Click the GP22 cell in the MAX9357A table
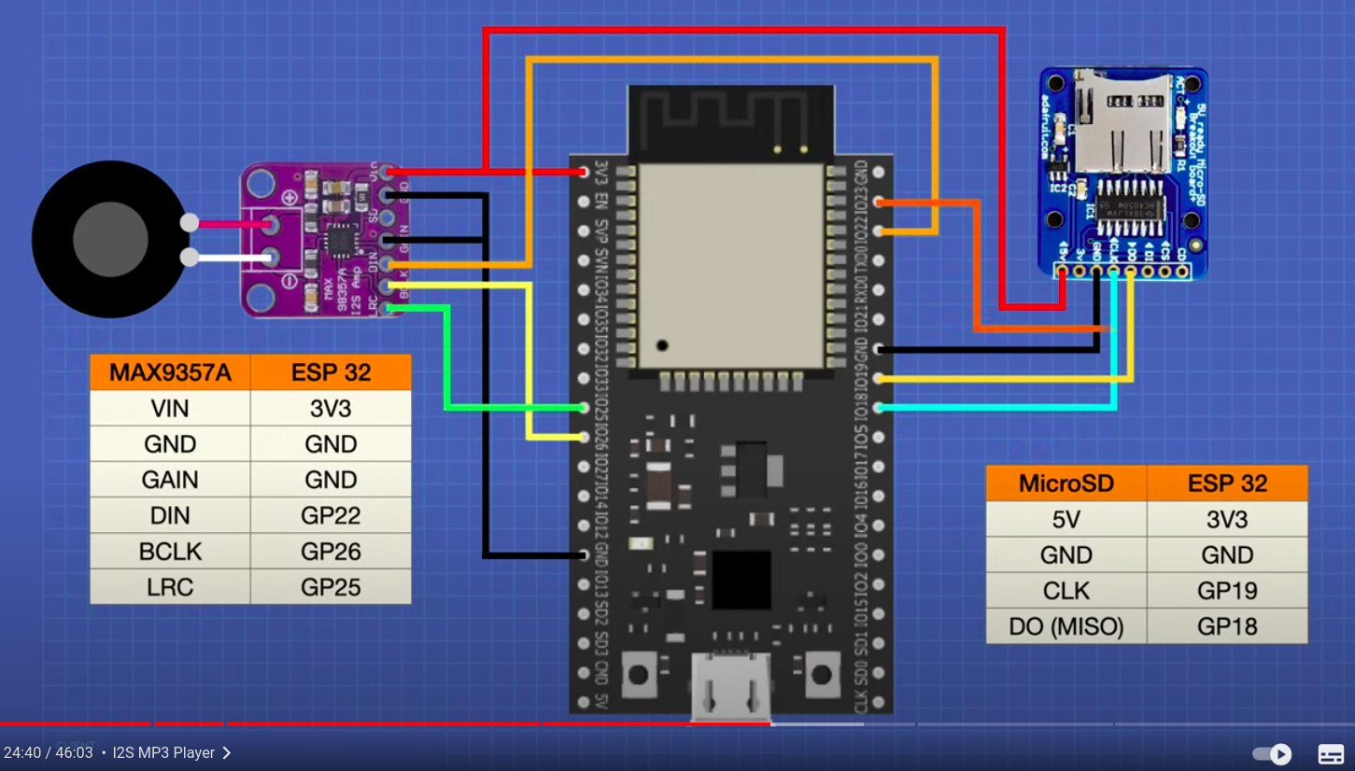click(x=331, y=515)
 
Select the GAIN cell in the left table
click(x=170, y=480)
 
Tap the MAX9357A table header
click(x=170, y=372)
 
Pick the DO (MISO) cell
click(x=1066, y=626)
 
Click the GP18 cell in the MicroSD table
click(x=1227, y=626)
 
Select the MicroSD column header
click(x=1066, y=484)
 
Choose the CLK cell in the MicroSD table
click(x=1066, y=591)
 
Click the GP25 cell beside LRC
click(x=331, y=587)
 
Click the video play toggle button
click(x=1272, y=753)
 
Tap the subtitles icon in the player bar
click(x=1331, y=753)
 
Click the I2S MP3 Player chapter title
click(x=164, y=752)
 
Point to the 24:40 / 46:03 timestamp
click(x=49, y=752)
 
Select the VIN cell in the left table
click(x=170, y=408)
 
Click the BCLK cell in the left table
click(x=170, y=552)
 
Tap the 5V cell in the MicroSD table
click(x=1066, y=520)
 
